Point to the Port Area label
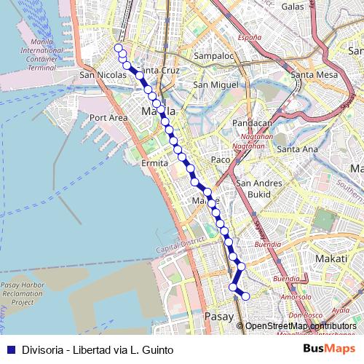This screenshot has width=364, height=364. [108, 117]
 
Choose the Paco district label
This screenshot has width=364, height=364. [220, 159]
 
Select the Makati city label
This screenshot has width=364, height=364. [331, 258]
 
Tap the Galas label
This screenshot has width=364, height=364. [292, 6]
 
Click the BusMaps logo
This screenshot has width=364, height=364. [330, 349]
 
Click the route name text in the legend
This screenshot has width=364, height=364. [98, 349]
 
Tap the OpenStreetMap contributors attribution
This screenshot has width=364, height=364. [301, 326]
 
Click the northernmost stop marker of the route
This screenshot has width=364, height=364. [119, 48]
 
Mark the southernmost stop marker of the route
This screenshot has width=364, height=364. [245, 296]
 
